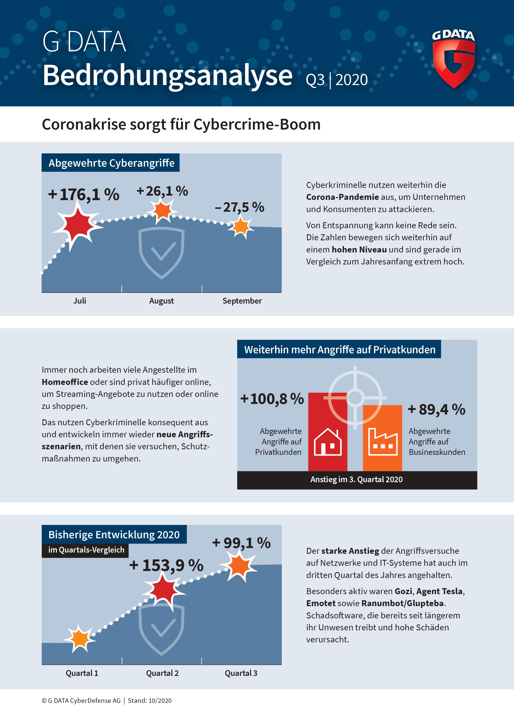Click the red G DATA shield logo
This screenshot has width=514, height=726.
454,63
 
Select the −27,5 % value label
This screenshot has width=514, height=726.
239,207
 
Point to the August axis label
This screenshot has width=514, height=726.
161,301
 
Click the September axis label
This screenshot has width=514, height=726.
242,301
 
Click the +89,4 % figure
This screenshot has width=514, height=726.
437,410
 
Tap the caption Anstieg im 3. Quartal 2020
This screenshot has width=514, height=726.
356,479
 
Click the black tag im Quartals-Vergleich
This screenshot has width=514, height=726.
86,550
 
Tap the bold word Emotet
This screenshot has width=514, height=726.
321,603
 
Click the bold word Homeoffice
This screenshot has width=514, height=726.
65,382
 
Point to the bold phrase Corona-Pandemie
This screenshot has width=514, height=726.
342,197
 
